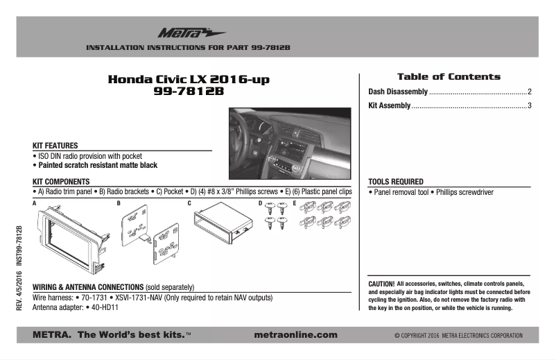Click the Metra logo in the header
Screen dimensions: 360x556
coord(182,32)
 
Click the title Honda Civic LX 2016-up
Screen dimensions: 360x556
coord(189,79)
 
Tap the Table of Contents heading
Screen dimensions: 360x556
coord(448,76)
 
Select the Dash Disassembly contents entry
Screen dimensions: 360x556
coord(398,92)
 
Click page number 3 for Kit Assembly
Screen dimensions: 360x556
coord(529,106)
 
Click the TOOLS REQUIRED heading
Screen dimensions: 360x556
coord(396,181)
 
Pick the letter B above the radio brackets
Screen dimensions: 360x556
coord(119,203)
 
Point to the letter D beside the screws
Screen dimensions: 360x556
coord(260,203)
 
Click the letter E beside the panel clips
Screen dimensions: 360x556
coord(295,203)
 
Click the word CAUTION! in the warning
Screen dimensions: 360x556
coord(381,284)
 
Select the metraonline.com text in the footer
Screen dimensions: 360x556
coord(296,335)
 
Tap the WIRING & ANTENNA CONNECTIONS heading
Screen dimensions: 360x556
coord(88,286)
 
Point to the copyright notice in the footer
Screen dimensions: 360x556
coord(458,336)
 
